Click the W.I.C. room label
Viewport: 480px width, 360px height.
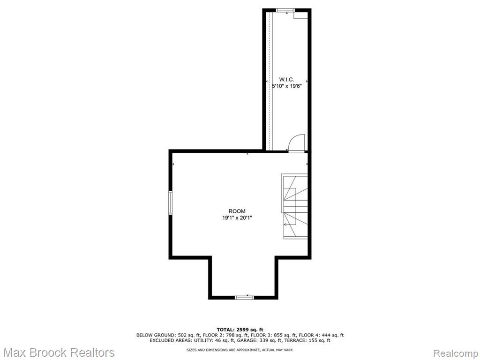pos(286,80)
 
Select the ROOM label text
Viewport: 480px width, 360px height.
pos(237,211)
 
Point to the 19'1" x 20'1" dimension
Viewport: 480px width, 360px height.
pos(237,218)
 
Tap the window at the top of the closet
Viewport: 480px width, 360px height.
pos(285,10)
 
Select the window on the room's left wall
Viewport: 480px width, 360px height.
pos(171,202)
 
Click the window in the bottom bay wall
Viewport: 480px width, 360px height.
pos(244,297)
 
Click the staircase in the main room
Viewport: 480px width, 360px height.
pos(294,206)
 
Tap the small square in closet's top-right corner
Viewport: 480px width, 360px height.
pos(300,15)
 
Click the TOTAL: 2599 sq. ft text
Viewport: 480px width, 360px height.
pos(240,330)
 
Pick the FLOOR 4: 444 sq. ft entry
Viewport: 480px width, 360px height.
pos(321,335)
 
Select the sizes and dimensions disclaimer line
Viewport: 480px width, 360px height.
pos(240,350)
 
